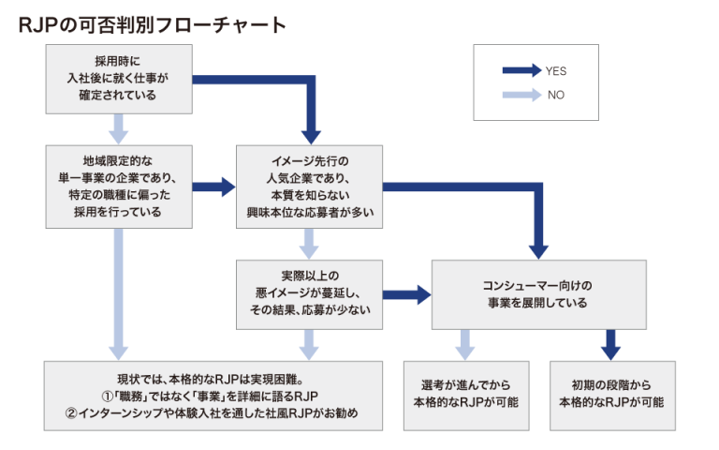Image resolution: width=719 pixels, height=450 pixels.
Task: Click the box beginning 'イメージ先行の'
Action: coord(309,186)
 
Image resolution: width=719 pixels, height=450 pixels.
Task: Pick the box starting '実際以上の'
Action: coord(309,293)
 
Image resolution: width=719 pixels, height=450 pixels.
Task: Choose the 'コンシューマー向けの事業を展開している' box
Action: coord(537,293)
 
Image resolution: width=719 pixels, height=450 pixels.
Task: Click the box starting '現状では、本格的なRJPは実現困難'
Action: coord(214,395)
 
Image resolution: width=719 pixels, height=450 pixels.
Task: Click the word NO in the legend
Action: coord(555,95)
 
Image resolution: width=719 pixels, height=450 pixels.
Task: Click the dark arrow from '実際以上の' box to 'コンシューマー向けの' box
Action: coord(406,294)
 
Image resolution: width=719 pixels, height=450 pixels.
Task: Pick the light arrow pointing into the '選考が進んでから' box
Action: coord(465,343)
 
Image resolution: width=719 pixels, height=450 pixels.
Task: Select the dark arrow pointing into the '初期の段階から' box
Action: coord(610,343)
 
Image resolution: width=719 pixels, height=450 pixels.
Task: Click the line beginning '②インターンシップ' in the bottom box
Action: coord(214,412)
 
